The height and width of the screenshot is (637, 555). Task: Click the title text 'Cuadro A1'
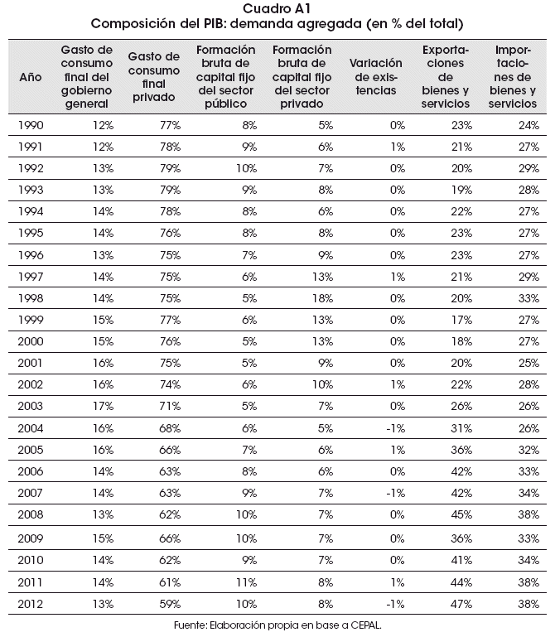pos(277,8)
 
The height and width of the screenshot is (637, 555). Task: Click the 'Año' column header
pos(31,77)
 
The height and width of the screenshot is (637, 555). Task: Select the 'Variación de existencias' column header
pos(376,77)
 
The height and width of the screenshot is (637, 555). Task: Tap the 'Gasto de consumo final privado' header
pos(153,77)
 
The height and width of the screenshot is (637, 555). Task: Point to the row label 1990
pos(31,125)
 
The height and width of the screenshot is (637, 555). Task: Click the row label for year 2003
pos(31,406)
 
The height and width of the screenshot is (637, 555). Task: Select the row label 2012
pos(31,604)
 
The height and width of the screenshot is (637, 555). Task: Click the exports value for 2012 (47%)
pos(461,604)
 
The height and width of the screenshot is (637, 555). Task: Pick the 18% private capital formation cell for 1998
pos(322,298)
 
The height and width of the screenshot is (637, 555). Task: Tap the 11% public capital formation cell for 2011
pos(246,582)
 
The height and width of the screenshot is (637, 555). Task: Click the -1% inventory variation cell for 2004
pos(395,428)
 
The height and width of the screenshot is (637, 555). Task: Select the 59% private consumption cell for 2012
pos(170,604)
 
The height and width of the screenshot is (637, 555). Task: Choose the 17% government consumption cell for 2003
pos(103,406)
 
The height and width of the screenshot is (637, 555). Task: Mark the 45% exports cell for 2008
pos(461,514)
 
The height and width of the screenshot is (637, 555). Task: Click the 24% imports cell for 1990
pos(528,125)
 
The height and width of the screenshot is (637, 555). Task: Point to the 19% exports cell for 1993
pos(461,191)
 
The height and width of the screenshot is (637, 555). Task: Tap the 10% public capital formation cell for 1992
pos(246,169)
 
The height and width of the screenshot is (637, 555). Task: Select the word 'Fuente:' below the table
pos(191,625)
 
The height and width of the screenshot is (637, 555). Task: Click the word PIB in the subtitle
pos(215,23)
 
